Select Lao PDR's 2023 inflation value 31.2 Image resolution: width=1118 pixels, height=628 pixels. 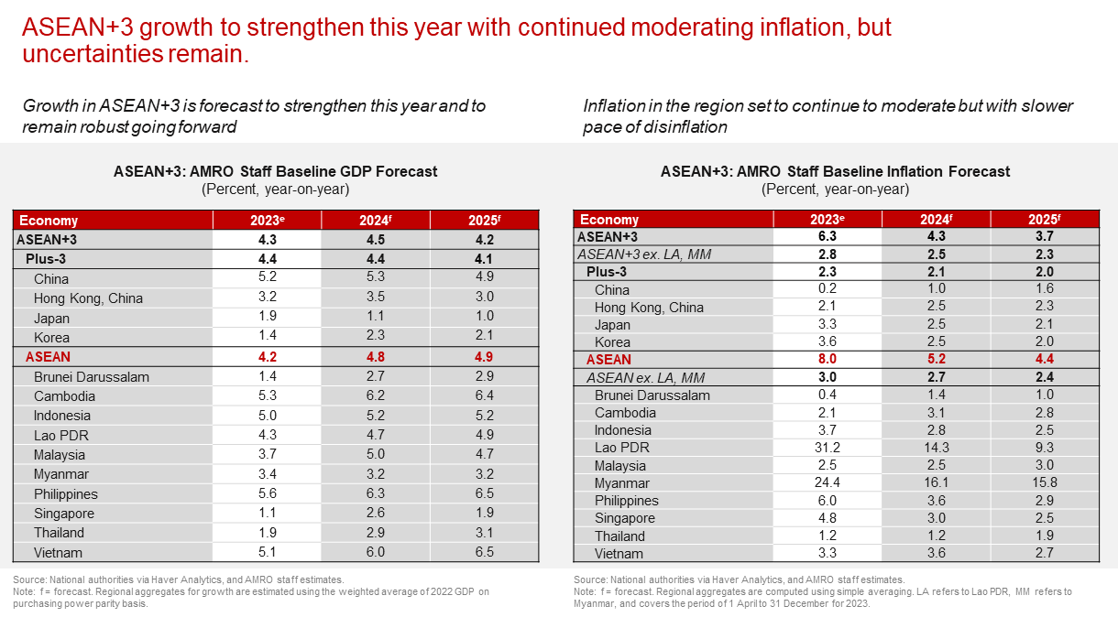[x=828, y=448]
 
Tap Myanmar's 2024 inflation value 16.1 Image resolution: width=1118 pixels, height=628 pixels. [x=937, y=483]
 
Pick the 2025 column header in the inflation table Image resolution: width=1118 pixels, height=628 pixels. [x=1046, y=220]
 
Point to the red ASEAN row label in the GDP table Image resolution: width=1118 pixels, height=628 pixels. [x=49, y=357]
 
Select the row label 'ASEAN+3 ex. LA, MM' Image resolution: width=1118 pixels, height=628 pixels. [x=647, y=254]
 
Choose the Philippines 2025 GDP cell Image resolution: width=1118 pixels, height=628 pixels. [x=485, y=494]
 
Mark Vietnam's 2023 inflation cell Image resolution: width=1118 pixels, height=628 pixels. [x=828, y=553]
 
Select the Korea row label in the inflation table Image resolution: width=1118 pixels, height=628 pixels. [x=612, y=342]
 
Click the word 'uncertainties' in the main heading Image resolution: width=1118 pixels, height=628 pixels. [x=78, y=54]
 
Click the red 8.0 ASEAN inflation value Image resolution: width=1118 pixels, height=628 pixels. [x=828, y=360]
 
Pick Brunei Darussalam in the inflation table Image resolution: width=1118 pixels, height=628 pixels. [x=652, y=395]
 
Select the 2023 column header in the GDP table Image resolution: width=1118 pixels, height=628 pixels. [x=268, y=221]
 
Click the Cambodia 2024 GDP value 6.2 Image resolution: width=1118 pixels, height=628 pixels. [x=376, y=396]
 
